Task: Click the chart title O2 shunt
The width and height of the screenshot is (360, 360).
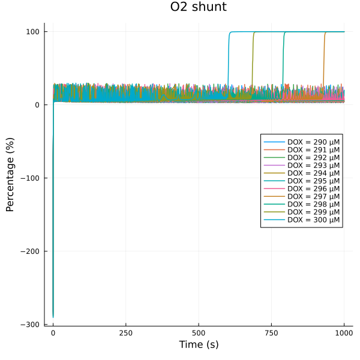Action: click(x=198, y=8)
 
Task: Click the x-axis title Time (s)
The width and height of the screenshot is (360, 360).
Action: click(x=198, y=344)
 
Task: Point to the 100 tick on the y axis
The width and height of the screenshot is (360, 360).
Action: click(x=32, y=32)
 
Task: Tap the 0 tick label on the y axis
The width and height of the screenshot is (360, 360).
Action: click(x=37, y=105)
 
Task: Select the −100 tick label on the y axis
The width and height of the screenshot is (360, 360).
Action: click(x=29, y=178)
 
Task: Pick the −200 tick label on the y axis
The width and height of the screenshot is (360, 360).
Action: click(x=29, y=251)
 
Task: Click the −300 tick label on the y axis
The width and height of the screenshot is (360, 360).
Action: click(x=29, y=325)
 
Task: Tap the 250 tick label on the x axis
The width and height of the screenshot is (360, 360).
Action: click(x=126, y=333)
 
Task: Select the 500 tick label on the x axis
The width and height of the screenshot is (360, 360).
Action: click(x=199, y=333)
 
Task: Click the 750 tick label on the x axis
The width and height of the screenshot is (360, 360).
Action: click(x=271, y=333)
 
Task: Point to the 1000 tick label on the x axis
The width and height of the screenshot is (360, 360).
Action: click(x=344, y=333)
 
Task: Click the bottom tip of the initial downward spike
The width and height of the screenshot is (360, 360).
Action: click(x=53, y=317)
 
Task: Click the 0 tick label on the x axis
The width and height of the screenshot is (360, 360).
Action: click(x=53, y=333)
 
